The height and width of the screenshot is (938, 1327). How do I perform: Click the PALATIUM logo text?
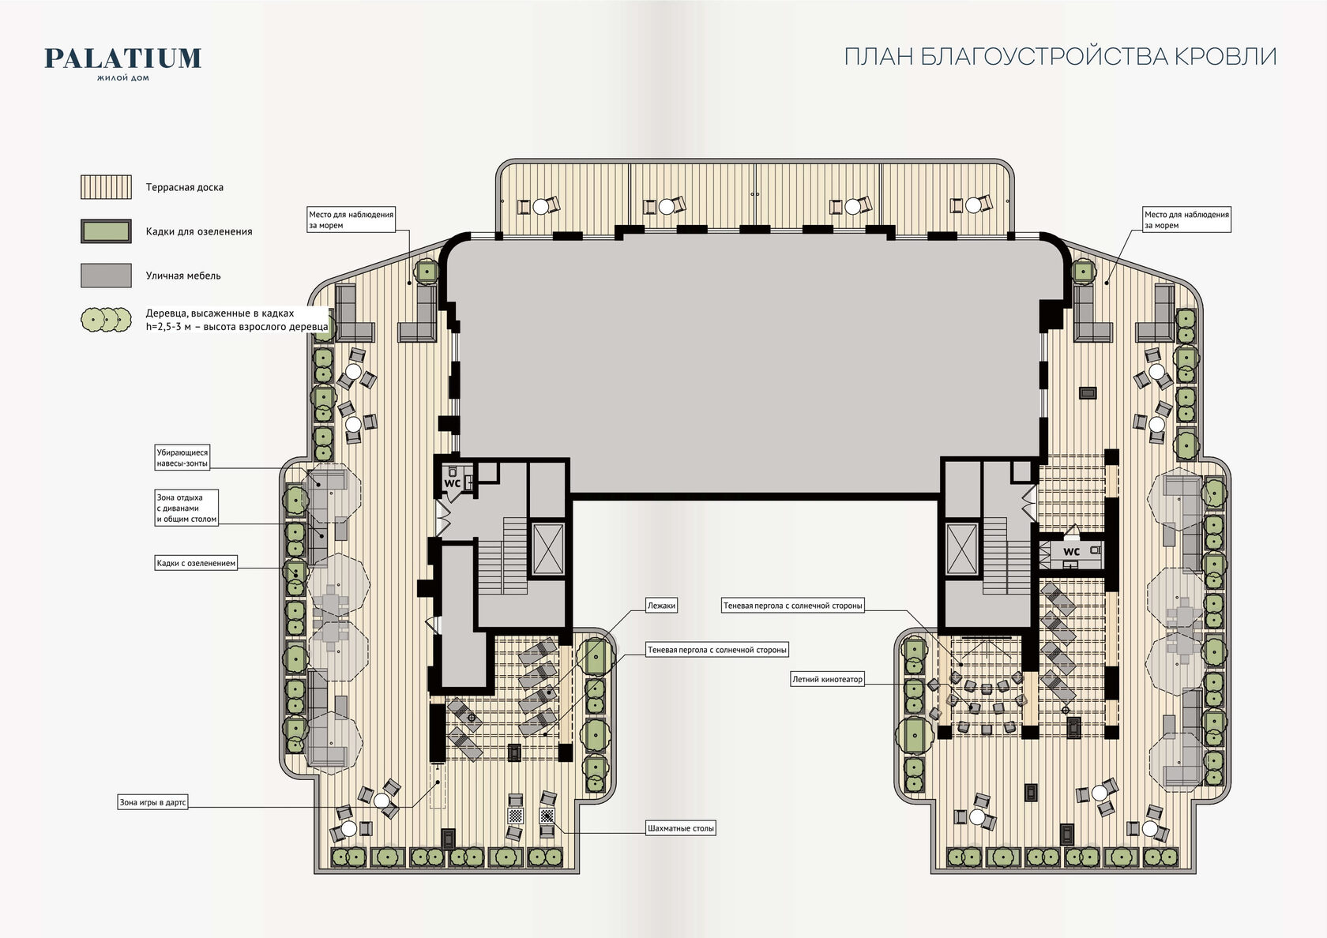coord(122,58)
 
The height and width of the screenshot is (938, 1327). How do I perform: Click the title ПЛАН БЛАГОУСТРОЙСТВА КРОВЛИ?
coord(1060,57)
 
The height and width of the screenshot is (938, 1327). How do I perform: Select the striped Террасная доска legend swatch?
coord(106,186)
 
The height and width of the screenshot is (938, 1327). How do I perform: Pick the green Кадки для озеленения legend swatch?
coord(106,231)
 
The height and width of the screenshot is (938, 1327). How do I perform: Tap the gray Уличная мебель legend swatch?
coord(106,276)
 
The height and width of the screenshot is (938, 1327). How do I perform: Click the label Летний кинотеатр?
coord(827,679)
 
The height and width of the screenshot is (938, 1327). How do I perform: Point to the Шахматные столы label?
coord(681,827)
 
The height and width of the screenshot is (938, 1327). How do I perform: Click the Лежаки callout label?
coord(661,606)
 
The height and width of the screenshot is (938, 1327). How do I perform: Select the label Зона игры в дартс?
coord(153,802)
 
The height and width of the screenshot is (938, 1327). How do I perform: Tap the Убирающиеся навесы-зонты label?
coord(182,458)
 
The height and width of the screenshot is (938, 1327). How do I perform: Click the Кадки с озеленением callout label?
coord(196,563)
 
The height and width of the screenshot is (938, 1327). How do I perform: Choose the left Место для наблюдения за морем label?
coord(351,219)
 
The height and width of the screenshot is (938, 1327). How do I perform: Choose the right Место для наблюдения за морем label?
coord(1186,219)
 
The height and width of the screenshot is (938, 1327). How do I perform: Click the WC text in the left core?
coord(452,483)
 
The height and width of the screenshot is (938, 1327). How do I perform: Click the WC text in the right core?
coord(1072,551)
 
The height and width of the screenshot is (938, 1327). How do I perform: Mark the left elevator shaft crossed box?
coord(548,549)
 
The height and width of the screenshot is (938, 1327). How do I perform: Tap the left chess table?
coord(517,816)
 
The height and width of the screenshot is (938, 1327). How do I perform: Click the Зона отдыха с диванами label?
coord(186,508)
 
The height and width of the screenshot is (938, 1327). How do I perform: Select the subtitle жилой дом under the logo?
coord(122,77)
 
